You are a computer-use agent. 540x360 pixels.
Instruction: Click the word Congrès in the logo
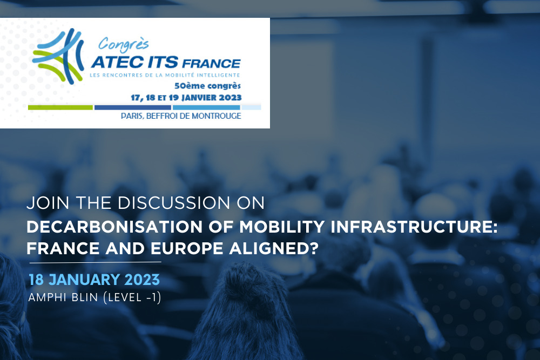coord(123,45)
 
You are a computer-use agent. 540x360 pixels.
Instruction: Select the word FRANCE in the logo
coord(211,64)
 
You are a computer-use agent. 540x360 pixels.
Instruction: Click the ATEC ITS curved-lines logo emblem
coord(58,56)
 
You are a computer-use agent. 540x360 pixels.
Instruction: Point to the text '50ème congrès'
coord(208,85)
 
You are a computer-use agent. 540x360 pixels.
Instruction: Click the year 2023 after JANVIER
coord(230,97)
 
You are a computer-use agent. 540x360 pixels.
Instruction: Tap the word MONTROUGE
coord(217,116)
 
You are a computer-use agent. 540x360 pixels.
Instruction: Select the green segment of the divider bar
coord(60,108)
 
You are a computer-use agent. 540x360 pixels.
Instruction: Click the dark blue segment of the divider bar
coord(133,108)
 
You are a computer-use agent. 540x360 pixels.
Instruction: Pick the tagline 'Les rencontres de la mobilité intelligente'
coord(165,75)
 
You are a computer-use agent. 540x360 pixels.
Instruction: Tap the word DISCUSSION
coord(174,203)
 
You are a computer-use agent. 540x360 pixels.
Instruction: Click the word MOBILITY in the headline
coord(282,227)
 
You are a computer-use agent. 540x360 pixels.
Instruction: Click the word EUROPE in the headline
coord(187,248)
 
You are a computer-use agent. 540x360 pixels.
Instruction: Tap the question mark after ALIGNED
coord(314,248)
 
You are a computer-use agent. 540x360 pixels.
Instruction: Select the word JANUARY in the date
coord(84,280)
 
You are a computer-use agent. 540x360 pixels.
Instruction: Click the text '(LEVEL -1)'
coord(132,297)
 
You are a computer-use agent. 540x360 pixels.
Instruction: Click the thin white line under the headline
coord(96,263)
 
